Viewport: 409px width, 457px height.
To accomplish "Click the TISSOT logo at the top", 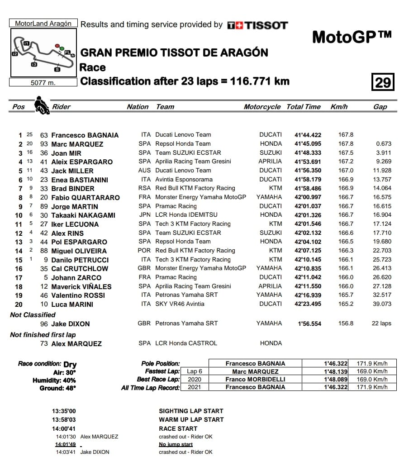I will (257, 25).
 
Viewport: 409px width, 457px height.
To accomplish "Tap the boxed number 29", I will (382, 82).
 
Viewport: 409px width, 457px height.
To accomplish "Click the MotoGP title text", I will (352, 37).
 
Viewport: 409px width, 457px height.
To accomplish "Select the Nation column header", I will (138, 107).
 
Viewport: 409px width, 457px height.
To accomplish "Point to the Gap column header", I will (380, 107).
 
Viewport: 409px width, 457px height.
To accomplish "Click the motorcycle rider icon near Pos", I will (42, 105).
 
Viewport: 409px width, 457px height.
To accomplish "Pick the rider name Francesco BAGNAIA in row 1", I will (85, 135).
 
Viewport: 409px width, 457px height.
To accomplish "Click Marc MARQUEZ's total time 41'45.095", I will (308, 144).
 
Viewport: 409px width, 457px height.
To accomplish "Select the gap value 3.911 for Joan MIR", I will (383, 153).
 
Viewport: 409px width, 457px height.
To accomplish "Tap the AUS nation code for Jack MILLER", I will (144, 171).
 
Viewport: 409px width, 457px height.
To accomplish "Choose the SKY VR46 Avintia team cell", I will (180, 304).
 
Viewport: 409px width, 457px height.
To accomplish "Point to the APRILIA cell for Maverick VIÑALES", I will (270, 286).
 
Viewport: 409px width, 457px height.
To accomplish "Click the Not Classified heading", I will (33, 314).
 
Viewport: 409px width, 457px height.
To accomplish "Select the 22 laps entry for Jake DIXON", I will (382, 323).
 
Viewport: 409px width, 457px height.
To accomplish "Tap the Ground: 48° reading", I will (58, 388).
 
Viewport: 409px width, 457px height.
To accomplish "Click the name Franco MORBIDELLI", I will (256, 379).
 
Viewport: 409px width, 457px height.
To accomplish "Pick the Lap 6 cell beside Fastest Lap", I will (195, 371).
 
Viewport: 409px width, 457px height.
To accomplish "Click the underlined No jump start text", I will (176, 444).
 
